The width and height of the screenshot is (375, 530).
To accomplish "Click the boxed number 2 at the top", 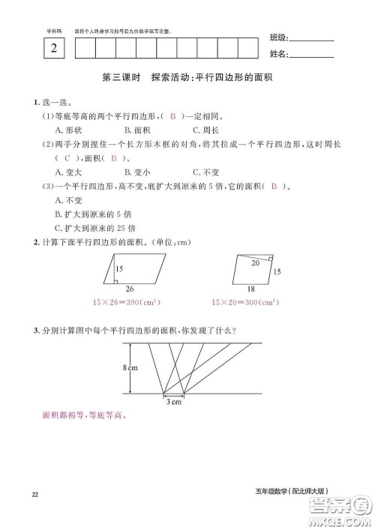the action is (x=53, y=50).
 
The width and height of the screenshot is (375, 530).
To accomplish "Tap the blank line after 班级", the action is (x=311, y=40).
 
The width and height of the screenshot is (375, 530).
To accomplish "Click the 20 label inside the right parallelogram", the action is (x=256, y=263).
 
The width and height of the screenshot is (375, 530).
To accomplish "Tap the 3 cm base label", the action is (x=173, y=403).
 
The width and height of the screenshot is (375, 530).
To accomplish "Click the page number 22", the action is (x=36, y=493).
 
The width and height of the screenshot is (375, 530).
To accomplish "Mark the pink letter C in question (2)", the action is (x=67, y=158).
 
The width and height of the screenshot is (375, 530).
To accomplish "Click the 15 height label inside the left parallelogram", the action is (x=119, y=268).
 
